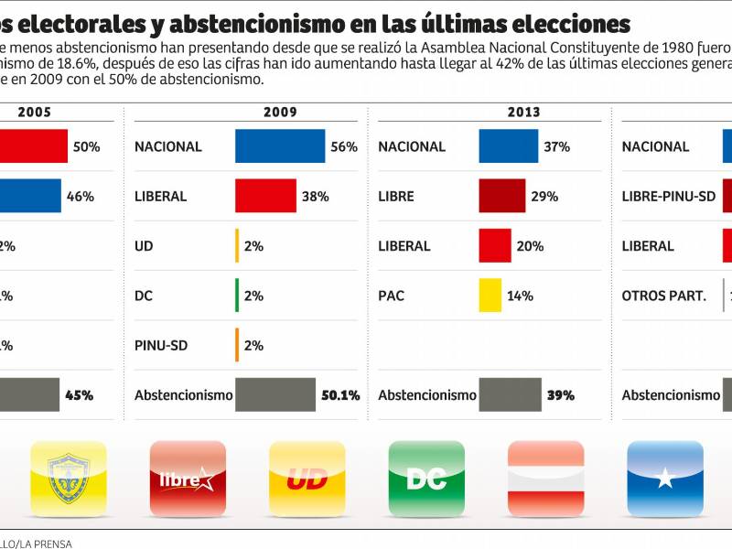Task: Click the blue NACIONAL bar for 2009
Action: [280, 146]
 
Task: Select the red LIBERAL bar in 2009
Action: [265, 196]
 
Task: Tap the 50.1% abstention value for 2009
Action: [340, 395]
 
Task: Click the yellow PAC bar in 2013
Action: [490, 296]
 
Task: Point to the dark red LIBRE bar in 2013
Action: [501, 196]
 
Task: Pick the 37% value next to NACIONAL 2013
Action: [556, 146]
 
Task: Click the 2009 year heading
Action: [280, 113]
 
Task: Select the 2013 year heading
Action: [524, 113]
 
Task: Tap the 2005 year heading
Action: [35, 113]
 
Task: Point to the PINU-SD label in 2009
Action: [161, 345]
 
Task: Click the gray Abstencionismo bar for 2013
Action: [510, 395]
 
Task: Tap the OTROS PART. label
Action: [663, 296]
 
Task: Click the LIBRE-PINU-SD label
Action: [668, 196]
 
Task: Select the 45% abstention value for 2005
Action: [79, 395]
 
